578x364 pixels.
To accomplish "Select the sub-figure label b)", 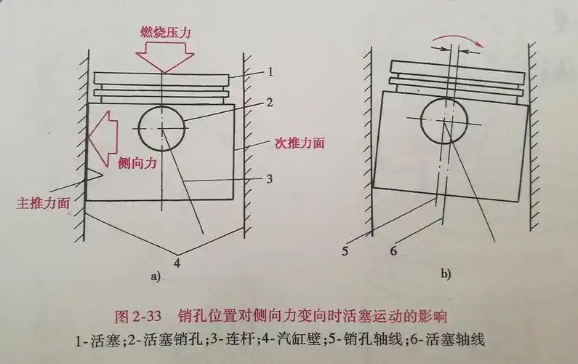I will click(x=445, y=274).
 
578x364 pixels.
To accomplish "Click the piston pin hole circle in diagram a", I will click(x=163, y=128).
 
